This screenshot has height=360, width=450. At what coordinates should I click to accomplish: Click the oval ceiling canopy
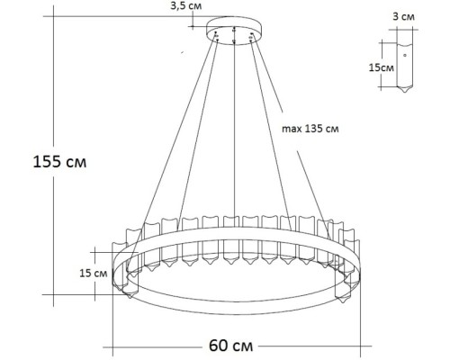pos(235,33)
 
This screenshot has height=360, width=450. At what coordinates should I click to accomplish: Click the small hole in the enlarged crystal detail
pos(405,55)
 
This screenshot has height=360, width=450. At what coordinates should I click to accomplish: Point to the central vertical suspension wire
pos(236,135)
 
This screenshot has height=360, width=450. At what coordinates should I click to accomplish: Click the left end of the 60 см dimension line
pos(112,345)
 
